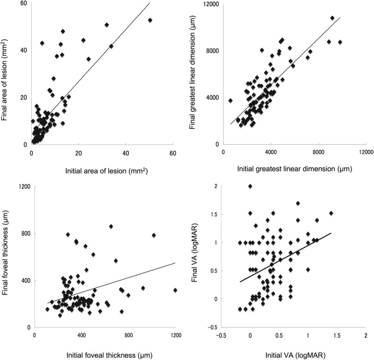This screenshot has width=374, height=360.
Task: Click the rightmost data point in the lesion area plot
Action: pyautogui.click(x=150, y=20)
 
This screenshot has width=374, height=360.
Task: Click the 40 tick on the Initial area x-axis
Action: pyautogui.click(x=125, y=153)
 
